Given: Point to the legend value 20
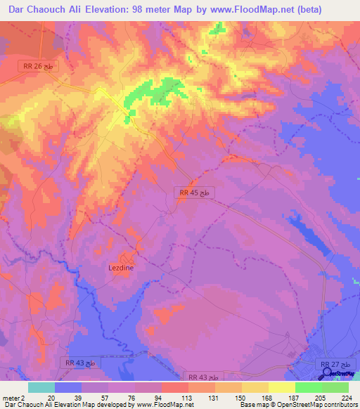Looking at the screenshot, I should [51, 397].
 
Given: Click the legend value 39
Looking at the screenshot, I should [79, 397].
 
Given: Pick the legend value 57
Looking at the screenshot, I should [106, 397].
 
